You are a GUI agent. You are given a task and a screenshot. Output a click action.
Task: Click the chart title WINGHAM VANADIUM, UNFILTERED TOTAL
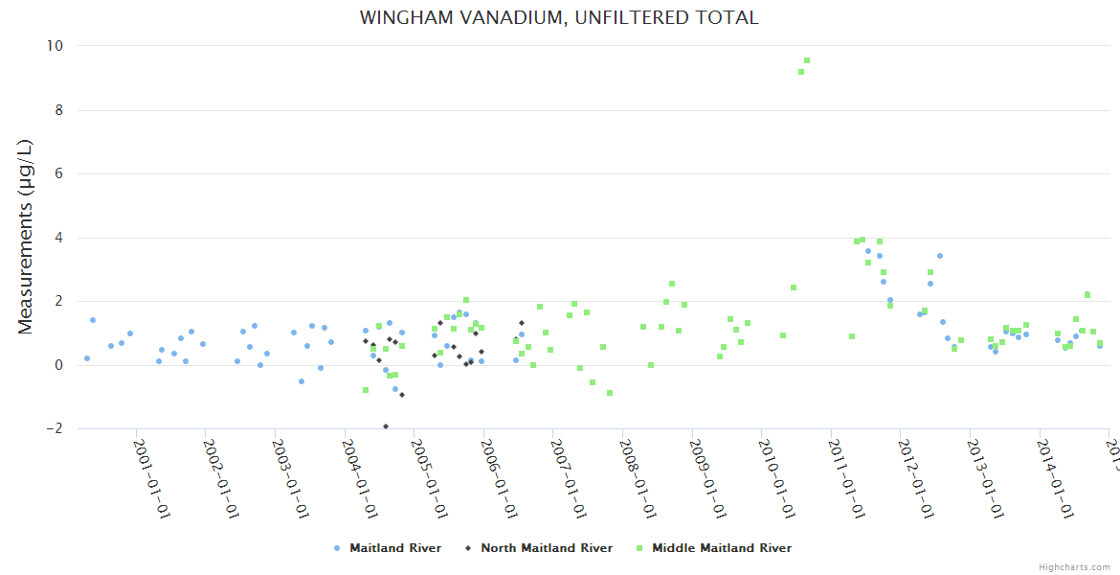coord(559,18)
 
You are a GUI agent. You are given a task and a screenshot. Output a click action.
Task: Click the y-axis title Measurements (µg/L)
coord(26,237)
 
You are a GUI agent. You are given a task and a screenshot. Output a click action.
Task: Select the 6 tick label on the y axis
coord(58,173)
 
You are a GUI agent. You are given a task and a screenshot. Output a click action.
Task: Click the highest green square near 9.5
coord(807,60)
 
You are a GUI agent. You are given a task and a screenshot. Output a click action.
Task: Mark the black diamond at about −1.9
coord(386,426)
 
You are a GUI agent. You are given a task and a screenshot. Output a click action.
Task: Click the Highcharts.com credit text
coord(1074,567)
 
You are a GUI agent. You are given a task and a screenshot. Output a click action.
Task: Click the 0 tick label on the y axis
coord(58,365)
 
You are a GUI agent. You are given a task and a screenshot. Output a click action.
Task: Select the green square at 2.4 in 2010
coord(794,287)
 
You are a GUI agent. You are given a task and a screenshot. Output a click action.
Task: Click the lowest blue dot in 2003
coord(301,381)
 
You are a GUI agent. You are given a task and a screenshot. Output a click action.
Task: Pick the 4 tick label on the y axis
coord(58,238)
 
